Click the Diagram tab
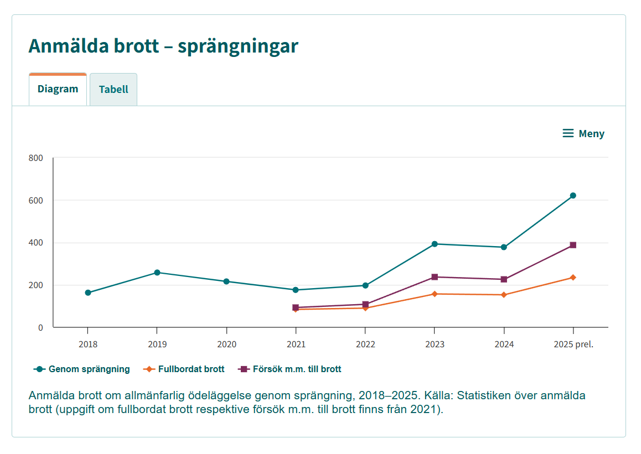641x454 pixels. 58,89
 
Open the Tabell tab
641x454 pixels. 113,90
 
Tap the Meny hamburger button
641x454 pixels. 583,133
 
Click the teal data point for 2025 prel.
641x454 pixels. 573,196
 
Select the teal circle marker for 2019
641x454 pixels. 157,273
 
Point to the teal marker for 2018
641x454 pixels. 88,293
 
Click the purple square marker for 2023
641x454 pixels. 435,277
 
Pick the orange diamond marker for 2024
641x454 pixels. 504,295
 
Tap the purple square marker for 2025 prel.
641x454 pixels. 573,245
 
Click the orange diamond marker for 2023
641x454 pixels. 435,294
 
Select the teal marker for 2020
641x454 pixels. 226,281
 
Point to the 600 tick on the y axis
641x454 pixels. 36,200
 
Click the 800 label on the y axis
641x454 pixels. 36,158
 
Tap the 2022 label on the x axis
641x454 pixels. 365,344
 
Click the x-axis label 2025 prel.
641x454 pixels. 573,344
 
